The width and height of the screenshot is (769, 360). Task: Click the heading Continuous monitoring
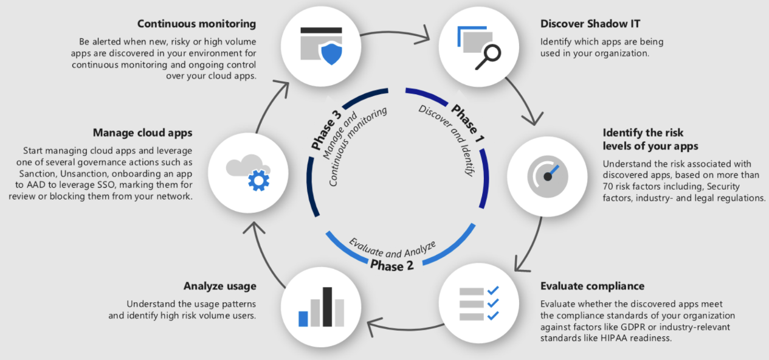(197, 24)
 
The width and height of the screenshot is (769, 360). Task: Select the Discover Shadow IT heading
(590, 24)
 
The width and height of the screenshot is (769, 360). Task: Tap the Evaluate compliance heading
(592, 286)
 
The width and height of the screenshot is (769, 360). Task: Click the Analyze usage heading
(219, 286)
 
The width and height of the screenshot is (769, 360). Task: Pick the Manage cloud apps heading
(142, 133)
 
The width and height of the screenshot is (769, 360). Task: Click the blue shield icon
(331, 54)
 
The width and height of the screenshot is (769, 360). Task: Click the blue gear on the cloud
(259, 181)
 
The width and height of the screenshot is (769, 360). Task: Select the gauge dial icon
(548, 177)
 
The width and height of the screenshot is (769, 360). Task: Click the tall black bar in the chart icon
(328, 306)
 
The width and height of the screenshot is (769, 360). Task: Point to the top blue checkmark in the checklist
(493, 291)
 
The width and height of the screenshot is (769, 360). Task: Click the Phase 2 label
(391, 266)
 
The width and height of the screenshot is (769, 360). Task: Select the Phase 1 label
(467, 123)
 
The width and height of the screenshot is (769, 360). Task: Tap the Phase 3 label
(326, 130)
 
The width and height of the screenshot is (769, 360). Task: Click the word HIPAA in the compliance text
(614, 338)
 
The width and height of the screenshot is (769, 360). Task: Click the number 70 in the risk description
(608, 187)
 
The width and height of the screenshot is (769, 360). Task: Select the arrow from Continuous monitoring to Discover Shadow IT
(395, 33)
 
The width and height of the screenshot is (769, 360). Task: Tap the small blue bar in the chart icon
(303, 319)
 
